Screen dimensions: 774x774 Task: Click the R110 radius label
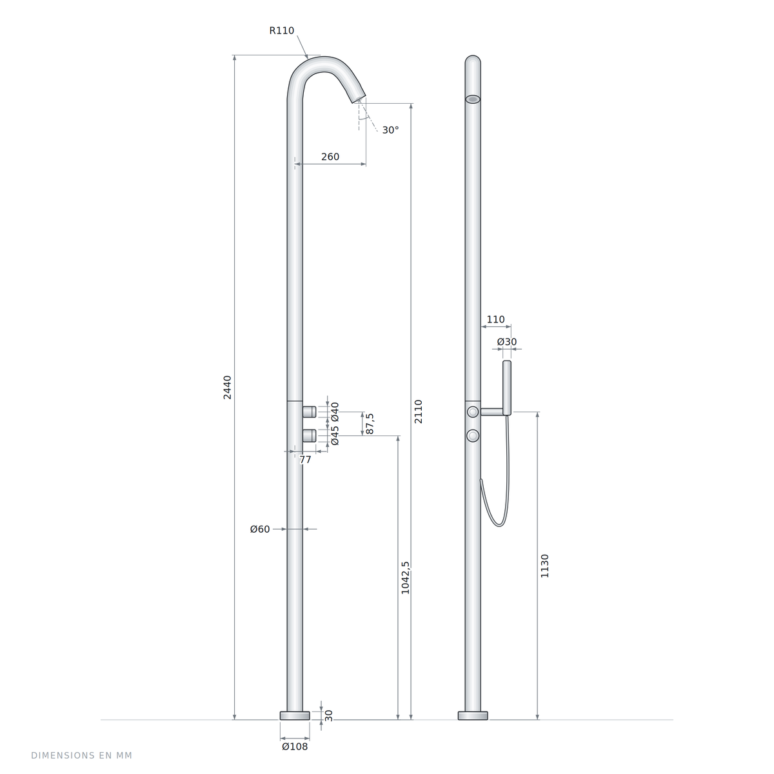282,30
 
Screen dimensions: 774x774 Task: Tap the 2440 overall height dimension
227,387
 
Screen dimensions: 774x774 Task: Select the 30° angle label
390,130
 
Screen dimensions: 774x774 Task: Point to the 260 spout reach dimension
330,157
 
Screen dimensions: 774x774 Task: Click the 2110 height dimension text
418,412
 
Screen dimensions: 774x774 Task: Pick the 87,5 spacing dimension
370,423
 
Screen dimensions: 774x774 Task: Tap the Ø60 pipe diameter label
260,529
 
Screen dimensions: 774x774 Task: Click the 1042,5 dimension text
405,577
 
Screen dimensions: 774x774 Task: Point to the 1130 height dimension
544,566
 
